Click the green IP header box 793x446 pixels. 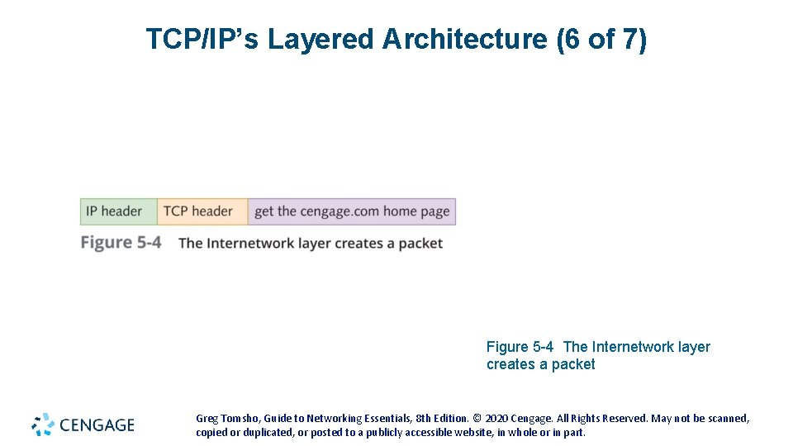[118, 211]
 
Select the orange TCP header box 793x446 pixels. [202, 211]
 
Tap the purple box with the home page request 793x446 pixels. [351, 211]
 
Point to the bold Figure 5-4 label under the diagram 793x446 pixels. [121, 243]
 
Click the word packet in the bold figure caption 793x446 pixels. [420, 244]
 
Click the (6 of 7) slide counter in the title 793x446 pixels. [602, 39]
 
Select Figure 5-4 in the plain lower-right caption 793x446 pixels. [520, 347]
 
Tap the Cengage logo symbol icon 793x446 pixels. [43, 425]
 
